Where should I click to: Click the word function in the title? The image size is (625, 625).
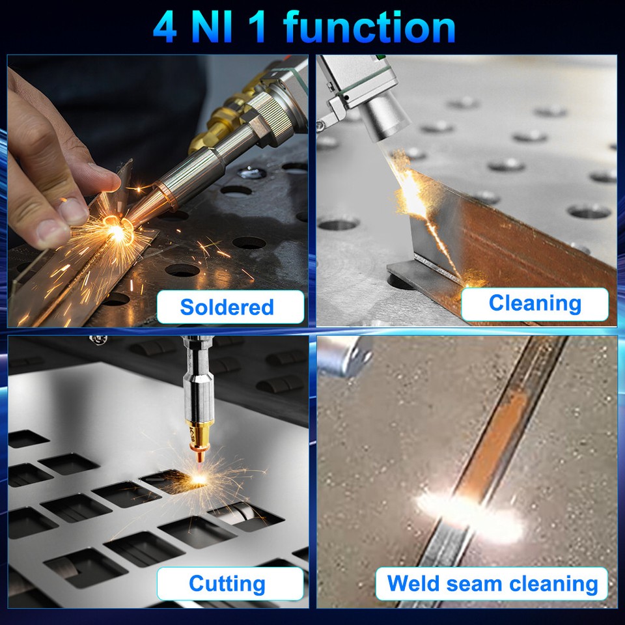point(369,27)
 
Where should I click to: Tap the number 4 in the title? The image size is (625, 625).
point(165,27)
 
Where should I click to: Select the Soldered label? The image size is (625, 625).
point(227,307)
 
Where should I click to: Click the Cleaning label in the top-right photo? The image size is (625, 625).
point(535,303)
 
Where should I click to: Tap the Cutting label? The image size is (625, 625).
point(227,583)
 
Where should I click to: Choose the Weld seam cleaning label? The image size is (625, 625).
point(492,583)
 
